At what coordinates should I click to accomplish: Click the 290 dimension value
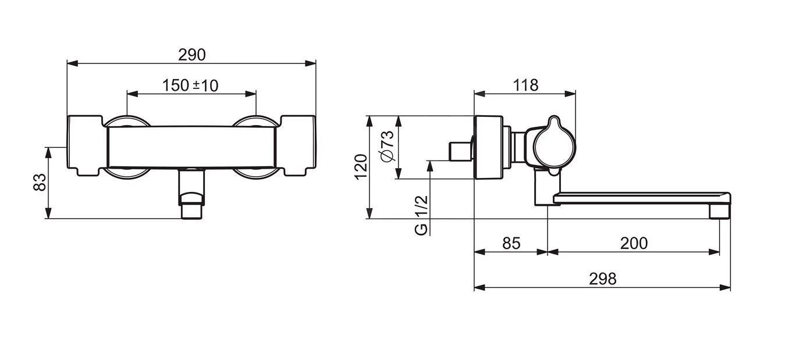pyautogui.click(x=192, y=55)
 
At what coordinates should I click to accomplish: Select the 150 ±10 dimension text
pyautogui.click(x=190, y=85)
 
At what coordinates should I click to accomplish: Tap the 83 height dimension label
pyautogui.click(x=40, y=182)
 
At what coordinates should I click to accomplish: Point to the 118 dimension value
pyautogui.click(x=525, y=85)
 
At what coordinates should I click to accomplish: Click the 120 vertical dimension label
pyautogui.click(x=361, y=167)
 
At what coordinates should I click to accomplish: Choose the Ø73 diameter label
pyautogui.click(x=387, y=146)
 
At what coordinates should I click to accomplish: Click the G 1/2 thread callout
pyautogui.click(x=421, y=215)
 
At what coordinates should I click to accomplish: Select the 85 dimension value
pyautogui.click(x=511, y=243)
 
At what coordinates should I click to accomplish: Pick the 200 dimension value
pyautogui.click(x=634, y=243)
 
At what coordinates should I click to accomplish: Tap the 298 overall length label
pyautogui.click(x=603, y=279)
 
